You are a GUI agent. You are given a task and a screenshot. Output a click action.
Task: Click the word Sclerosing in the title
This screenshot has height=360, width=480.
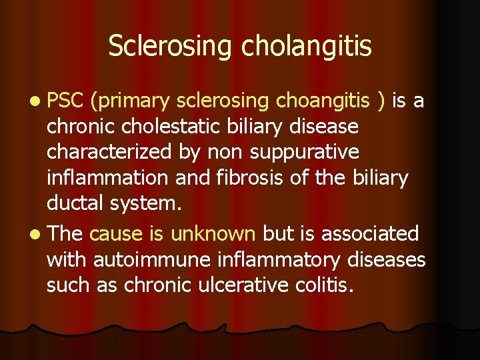(x=170, y=47)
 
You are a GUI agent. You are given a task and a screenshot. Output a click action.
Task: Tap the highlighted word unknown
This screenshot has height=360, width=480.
(x=213, y=234)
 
